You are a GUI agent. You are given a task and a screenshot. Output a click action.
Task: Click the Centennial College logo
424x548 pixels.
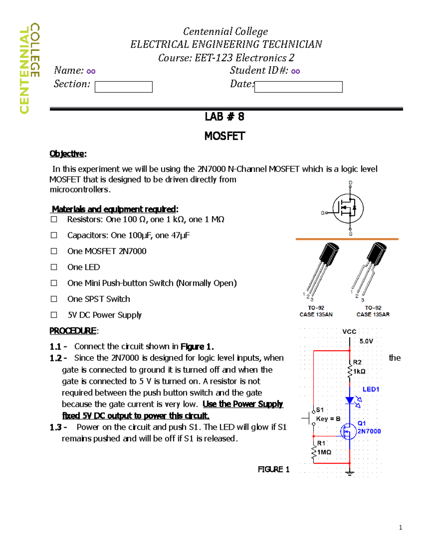pyautogui.click(x=29, y=68)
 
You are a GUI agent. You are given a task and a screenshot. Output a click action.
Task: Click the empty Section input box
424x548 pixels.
pyautogui.click(x=123, y=87)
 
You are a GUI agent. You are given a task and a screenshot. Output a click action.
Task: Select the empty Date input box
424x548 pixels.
pyautogui.click(x=298, y=87)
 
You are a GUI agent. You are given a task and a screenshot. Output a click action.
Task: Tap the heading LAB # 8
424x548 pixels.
pyautogui.click(x=224, y=117)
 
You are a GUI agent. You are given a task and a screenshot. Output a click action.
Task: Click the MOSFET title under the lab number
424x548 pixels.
pyautogui.click(x=224, y=136)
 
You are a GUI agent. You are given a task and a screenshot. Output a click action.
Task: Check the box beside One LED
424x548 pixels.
pyautogui.click(x=54, y=267)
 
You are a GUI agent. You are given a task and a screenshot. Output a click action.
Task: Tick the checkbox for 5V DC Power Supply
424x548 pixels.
pyautogui.click(x=54, y=315)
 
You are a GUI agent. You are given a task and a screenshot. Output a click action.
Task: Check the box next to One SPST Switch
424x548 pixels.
pyautogui.click(x=54, y=299)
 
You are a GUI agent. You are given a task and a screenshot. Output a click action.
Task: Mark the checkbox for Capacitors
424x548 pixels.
pyautogui.click(x=54, y=235)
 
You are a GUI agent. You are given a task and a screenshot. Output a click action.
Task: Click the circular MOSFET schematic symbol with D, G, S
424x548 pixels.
pyautogui.click(x=348, y=209)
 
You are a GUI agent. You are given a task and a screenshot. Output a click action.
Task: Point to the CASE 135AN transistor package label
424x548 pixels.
pyautogui.click(x=316, y=314)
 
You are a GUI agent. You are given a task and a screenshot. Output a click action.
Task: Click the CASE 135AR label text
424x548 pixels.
pyautogui.click(x=373, y=314)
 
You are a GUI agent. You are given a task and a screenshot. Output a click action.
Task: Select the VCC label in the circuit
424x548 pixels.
pyautogui.click(x=349, y=332)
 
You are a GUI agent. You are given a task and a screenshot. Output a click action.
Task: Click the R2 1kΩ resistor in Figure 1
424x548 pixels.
pyautogui.click(x=350, y=371)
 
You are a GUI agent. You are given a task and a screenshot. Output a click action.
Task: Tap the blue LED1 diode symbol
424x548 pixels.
pyautogui.click(x=350, y=400)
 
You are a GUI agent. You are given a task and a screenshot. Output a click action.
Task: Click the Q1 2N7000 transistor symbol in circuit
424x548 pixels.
pyautogui.click(x=348, y=431)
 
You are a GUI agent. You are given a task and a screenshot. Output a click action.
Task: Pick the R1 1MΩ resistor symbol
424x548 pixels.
pyautogui.click(x=314, y=452)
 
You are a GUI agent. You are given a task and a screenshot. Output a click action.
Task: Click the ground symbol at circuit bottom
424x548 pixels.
pyautogui.click(x=350, y=473)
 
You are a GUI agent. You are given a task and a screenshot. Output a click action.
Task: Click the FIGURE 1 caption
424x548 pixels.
pyautogui.click(x=273, y=469)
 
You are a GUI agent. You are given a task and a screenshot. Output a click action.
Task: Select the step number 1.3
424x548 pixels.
pyautogui.click(x=55, y=427)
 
